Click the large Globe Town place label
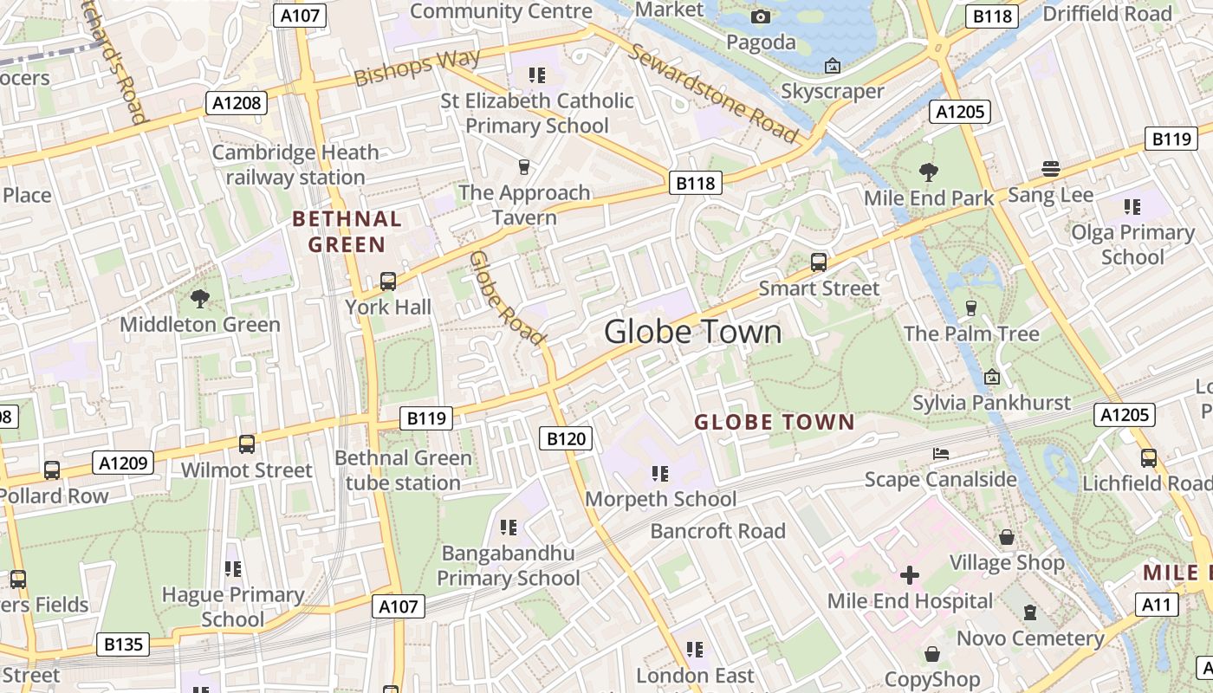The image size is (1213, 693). coord(692,332)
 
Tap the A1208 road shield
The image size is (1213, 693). coord(237,104)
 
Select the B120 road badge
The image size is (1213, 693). coord(567,438)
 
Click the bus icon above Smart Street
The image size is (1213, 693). coord(818,262)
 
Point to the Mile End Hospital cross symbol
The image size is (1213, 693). coord(909,574)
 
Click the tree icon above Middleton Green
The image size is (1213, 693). coord(200,299)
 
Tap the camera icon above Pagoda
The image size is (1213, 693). coord(760,16)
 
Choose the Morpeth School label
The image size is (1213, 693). coord(660,499)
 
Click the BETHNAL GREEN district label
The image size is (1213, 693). coord(347,231)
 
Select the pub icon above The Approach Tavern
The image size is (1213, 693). coord(523,166)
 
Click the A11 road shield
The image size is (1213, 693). coord(1157,605)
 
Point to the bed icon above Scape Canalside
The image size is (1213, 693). coord(941,454)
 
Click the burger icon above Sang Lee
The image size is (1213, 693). coord(1051,168)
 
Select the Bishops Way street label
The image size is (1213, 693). coord(416,68)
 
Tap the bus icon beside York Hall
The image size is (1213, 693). coord(387,281)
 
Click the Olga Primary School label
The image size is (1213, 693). coord(1132,244)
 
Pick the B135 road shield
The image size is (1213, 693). coord(122,644)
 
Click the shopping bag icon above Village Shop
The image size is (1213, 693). coord(1006,537)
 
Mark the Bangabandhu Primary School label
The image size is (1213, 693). coord(508,565)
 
